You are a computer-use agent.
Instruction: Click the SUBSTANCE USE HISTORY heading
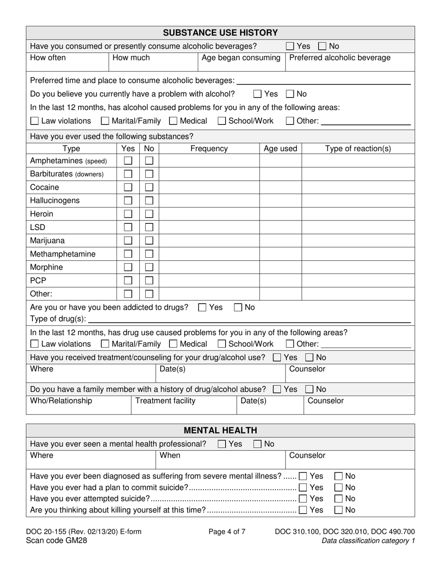pyautogui.click(x=220, y=32)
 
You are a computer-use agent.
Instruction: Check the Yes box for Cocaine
pyautogui.click(x=128, y=188)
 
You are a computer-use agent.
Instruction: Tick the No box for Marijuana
pyautogui.click(x=149, y=241)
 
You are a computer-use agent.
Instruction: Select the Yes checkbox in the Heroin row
pyautogui.click(x=128, y=214)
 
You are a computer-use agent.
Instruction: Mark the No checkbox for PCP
pyautogui.click(x=149, y=281)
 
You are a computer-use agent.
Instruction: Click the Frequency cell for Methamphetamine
pyautogui.click(x=209, y=254)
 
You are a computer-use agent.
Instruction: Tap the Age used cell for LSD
pyautogui.click(x=280, y=227)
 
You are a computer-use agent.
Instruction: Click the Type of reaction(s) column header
pyautogui.click(x=358, y=149)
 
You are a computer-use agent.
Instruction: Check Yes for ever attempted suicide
pyautogui.click(x=303, y=499)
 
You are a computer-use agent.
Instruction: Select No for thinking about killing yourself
pyautogui.click(x=339, y=510)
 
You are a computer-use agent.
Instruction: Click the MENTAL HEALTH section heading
pyautogui.click(x=220, y=430)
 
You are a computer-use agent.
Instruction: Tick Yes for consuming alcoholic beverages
pyautogui.click(x=290, y=46)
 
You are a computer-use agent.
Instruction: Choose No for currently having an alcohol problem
pyautogui.click(x=290, y=94)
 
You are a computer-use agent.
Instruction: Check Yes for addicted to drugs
pyautogui.click(x=202, y=307)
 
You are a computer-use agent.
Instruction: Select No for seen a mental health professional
pyautogui.click(x=258, y=444)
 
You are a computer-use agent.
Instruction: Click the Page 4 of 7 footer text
pyautogui.click(x=227, y=532)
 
